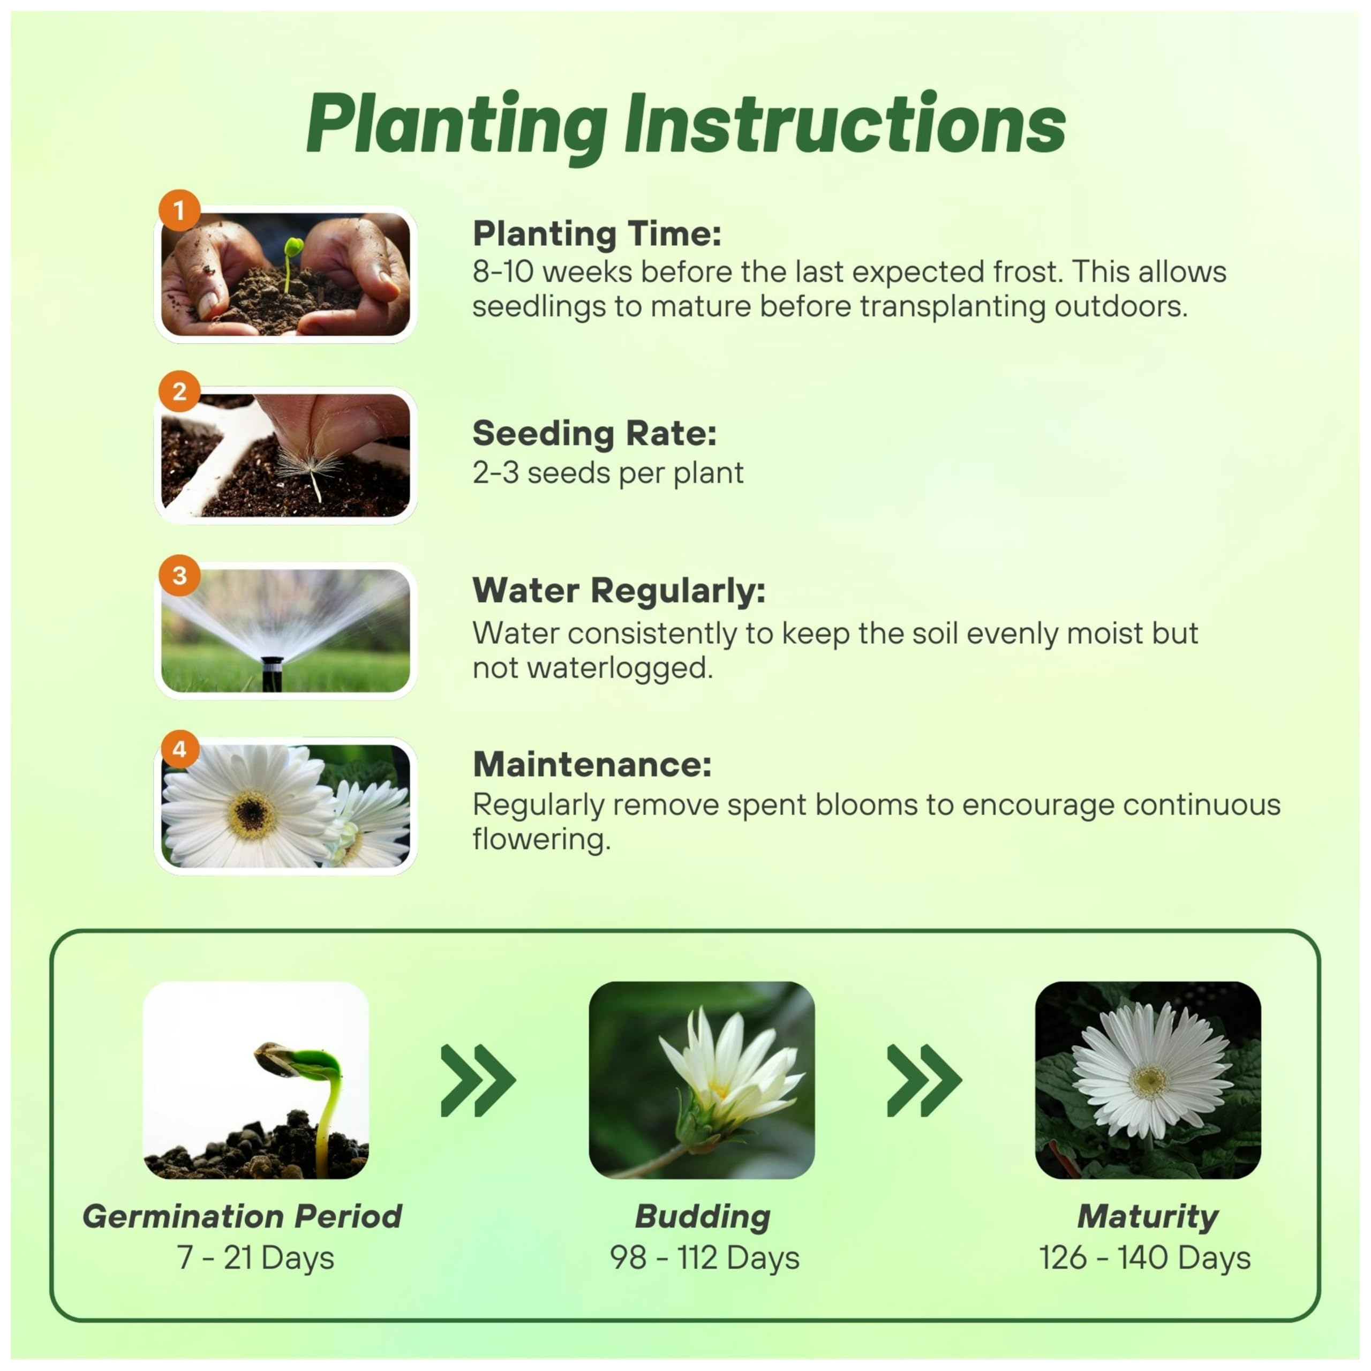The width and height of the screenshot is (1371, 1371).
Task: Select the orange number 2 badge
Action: pos(179,391)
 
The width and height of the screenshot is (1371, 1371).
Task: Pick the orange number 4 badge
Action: pos(179,749)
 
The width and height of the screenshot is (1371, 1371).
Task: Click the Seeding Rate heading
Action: pos(594,434)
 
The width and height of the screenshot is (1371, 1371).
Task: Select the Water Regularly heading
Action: pos(619,590)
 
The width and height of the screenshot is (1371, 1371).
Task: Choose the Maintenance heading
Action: pos(592,764)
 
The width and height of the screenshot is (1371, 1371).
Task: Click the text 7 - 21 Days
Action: pos(255,1257)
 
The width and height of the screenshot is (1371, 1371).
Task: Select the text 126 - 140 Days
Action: pos(1144,1257)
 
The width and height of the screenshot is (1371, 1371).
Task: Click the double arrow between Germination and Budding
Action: pos(478,1081)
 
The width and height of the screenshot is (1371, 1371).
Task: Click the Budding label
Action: pos(703,1216)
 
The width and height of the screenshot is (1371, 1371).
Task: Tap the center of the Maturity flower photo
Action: pos(1148,1081)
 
